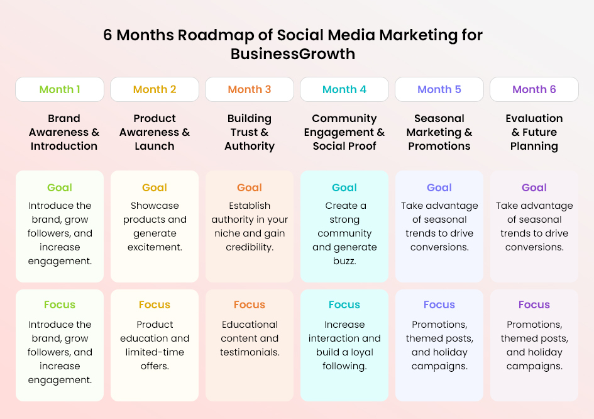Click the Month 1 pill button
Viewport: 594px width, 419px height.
tap(60, 89)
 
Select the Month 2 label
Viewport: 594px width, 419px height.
tap(155, 89)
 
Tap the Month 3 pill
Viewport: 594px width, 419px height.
tap(250, 89)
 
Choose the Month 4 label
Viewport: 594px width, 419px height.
tap(344, 89)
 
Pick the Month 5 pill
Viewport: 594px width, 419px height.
tap(439, 89)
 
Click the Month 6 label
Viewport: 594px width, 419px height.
tap(534, 89)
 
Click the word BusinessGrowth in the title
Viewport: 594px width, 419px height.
tap(293, 54)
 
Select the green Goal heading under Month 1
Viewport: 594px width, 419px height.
tap(60, 187)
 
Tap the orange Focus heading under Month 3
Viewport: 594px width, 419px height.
tap(250, 305)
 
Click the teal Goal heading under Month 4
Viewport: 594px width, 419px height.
tap(344, 187)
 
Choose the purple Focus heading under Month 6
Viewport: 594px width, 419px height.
tap(534, 305)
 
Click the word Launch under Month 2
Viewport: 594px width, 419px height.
tap(155, 146)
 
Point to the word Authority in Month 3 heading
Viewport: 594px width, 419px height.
tap(250, 147)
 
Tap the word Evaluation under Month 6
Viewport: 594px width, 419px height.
tap(534, 118)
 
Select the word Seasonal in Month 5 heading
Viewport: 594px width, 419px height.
tap(439, 118)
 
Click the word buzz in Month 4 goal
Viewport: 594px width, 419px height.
tap(344, 261)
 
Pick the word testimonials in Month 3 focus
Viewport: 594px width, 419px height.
tap(250, 352)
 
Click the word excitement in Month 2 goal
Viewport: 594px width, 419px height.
tap(155, 247)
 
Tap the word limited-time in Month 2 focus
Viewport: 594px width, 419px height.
tap(155, 352)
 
